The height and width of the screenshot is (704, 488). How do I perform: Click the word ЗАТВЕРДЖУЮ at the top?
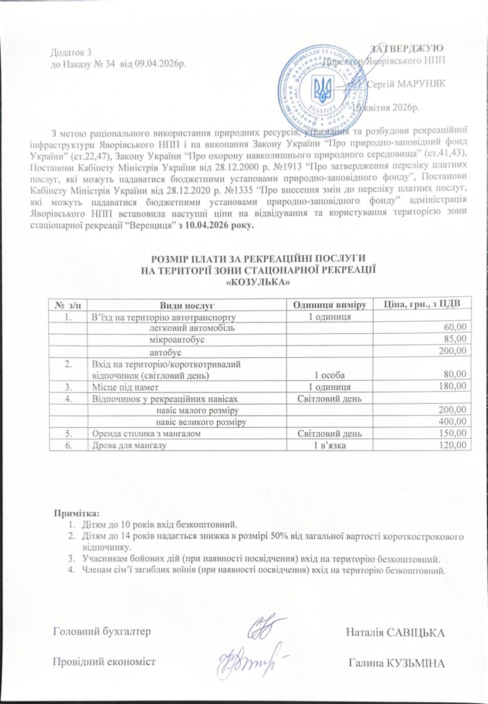pos(418,46)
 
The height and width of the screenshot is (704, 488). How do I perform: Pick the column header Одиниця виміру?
pos(330,304)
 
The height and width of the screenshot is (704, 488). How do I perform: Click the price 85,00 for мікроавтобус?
pos(456,339)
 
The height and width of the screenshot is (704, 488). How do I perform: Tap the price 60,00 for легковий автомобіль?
pos(456,327)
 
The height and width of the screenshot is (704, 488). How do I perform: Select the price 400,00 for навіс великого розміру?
pos(453,421)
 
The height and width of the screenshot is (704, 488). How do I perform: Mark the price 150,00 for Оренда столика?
pos(453,433)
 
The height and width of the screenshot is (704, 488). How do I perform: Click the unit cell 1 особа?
pos(330,374)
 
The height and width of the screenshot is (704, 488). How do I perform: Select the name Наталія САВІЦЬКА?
pos(395,632)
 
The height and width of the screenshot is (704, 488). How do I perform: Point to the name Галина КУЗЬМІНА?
pos(396,663)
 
